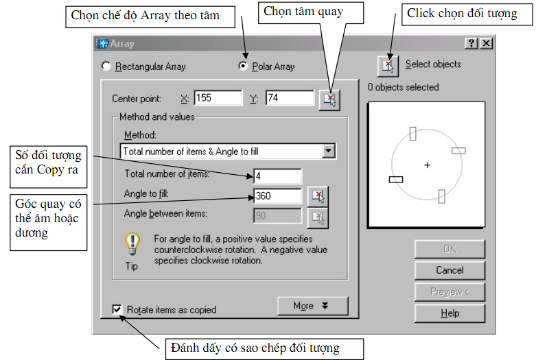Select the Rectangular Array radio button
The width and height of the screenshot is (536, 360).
pos(106,67)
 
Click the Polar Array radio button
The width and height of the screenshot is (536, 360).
pos(242,67)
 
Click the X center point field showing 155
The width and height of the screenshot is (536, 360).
pos(218,98)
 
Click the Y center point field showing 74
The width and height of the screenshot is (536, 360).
pos(290,98)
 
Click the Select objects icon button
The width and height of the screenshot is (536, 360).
pos(388,66)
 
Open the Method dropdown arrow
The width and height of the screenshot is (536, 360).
pos(328,151)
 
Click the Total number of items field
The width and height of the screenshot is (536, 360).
pos(277,176)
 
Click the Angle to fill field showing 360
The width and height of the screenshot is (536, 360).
pos(277,196)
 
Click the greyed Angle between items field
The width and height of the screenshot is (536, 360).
pos(277,216)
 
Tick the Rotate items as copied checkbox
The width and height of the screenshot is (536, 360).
pos(117,309)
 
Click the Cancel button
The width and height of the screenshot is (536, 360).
pos(450,270)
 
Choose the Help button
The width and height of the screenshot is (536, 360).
pos(450,313)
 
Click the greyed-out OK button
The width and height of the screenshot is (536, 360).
pos(450,248)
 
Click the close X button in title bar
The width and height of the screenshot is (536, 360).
pos(486,43)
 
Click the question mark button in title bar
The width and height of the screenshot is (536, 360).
pos(472,43)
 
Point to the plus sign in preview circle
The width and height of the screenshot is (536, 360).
pos(427,165)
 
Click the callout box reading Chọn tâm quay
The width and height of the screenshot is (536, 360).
pos(304,11)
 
